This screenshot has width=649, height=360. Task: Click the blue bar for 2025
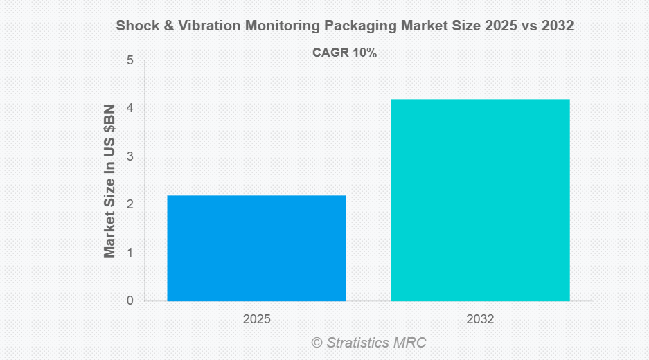(x=256, y=248)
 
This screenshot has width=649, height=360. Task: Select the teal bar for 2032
(x=480, y=200)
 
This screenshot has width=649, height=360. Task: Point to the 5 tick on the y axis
(x=130, y=61)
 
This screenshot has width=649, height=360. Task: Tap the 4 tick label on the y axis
(x=130, y=109)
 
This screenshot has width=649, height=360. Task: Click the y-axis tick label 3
(x=130, y=157)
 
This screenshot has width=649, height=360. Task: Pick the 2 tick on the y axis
(x=130, y=205)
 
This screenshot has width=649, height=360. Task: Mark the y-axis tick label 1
(x=130, y=253)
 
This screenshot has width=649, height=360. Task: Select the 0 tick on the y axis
(x=130, y=301)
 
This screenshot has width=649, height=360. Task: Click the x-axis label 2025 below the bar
(x=256, y=320)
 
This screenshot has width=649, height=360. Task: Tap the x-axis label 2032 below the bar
(x=480, y=320)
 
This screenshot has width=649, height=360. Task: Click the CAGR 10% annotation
(x=344, y=53)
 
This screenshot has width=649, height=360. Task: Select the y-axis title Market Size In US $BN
(x=109, y=181)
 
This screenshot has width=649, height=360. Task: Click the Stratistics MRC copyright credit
(x=368, y=342)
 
